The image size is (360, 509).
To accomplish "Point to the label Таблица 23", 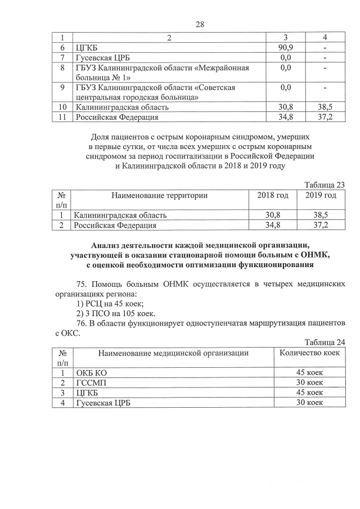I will pos(325,184).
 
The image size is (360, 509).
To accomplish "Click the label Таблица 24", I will pos(325,342).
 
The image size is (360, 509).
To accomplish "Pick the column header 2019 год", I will pos(321,195).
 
